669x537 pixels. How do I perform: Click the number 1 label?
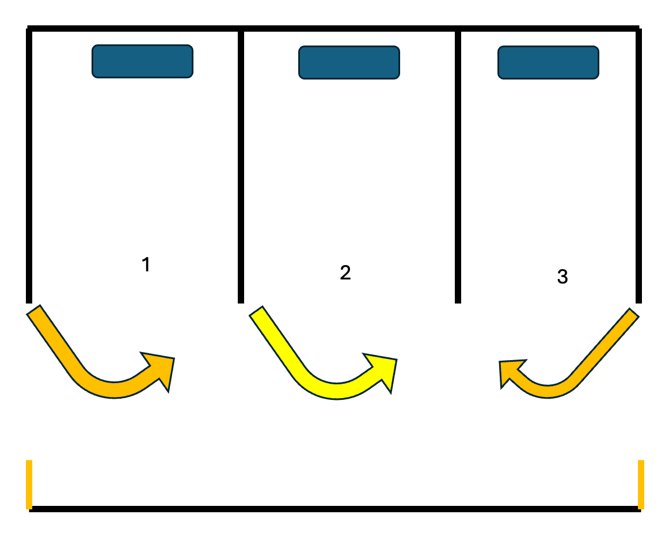pos(146,264)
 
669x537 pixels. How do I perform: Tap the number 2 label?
pos(345,273)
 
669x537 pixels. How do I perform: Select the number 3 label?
pos(562,276)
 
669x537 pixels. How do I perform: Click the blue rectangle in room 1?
pos(143,61)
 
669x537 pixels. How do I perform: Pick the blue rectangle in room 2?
pos(349,62)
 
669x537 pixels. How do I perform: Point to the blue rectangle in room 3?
pos(548,62)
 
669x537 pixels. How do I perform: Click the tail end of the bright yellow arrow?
pos(256,311)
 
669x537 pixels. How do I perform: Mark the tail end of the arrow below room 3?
pos(634,313)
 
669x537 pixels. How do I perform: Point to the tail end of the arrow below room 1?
pos(34,310)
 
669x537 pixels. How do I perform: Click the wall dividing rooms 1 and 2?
pos(241,167)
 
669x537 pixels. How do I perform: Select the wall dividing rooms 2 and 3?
pos(458,167)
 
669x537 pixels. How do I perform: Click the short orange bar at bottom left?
pos(29,485)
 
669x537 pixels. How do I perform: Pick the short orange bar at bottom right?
pos(641,485)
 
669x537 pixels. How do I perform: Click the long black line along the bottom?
pos(335,509)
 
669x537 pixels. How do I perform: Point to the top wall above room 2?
pos(349,28)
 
